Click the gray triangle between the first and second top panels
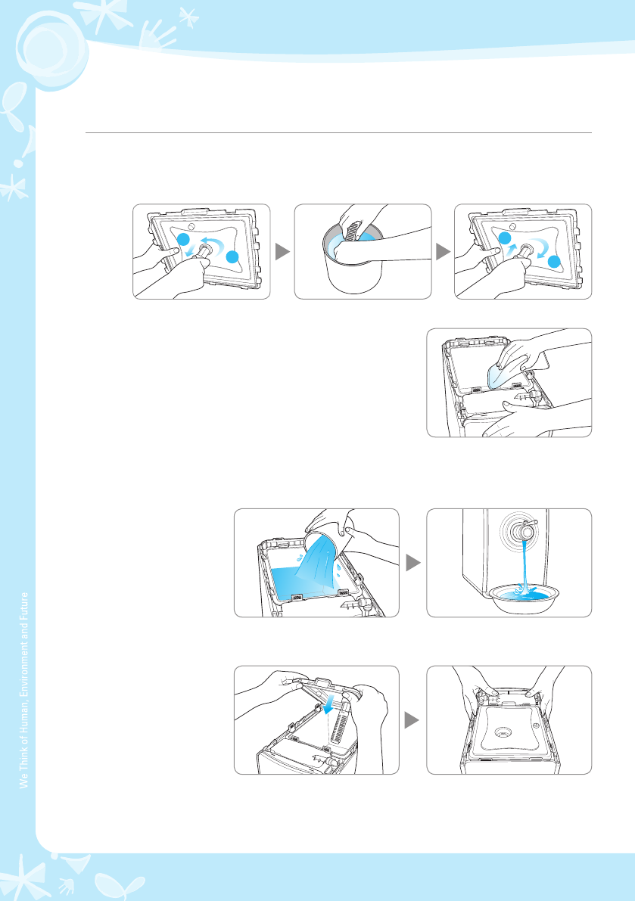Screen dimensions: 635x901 (x=282, y=252)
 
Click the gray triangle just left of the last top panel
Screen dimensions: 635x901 (x=443, y=252)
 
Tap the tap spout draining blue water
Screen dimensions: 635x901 (x=526, y=532)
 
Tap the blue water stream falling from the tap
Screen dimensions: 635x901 (x=524, y=567)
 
